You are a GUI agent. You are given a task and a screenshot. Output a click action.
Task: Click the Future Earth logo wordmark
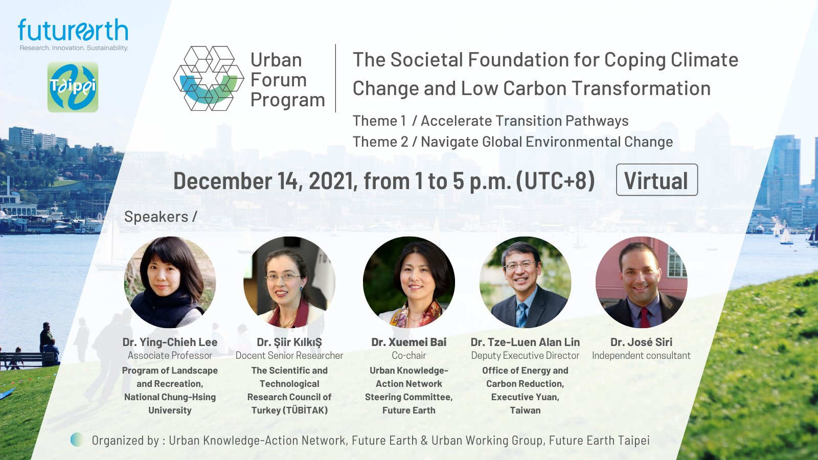pos(73,30)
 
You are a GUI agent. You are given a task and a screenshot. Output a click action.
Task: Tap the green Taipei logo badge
pos(73,87)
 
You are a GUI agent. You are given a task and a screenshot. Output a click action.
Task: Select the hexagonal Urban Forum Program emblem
pos(209,78)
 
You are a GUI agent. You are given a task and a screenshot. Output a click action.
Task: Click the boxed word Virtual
pos(656,180)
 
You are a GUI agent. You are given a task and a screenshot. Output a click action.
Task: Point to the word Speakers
pos(156,217)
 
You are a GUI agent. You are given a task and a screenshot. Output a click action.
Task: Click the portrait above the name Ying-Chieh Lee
pos(170,282)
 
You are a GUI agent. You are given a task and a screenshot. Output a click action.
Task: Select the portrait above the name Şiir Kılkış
pos(289,282)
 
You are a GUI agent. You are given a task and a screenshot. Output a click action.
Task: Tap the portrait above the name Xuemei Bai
pos(408,282)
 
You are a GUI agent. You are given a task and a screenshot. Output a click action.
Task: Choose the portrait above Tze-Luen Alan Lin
pos(525,282)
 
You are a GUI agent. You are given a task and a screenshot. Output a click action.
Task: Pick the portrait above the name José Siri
pos(641,282)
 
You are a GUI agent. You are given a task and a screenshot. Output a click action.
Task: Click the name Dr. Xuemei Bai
pos(408,342)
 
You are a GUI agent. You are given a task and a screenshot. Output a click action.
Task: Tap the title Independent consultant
pos(641,356)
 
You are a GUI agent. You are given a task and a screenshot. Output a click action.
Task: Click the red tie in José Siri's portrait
pos(645,317)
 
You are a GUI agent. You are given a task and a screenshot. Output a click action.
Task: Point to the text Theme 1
pos(379,121)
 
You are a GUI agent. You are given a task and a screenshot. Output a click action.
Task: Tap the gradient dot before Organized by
pos(77,440)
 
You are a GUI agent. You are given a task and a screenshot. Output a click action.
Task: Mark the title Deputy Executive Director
pos(525,356)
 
